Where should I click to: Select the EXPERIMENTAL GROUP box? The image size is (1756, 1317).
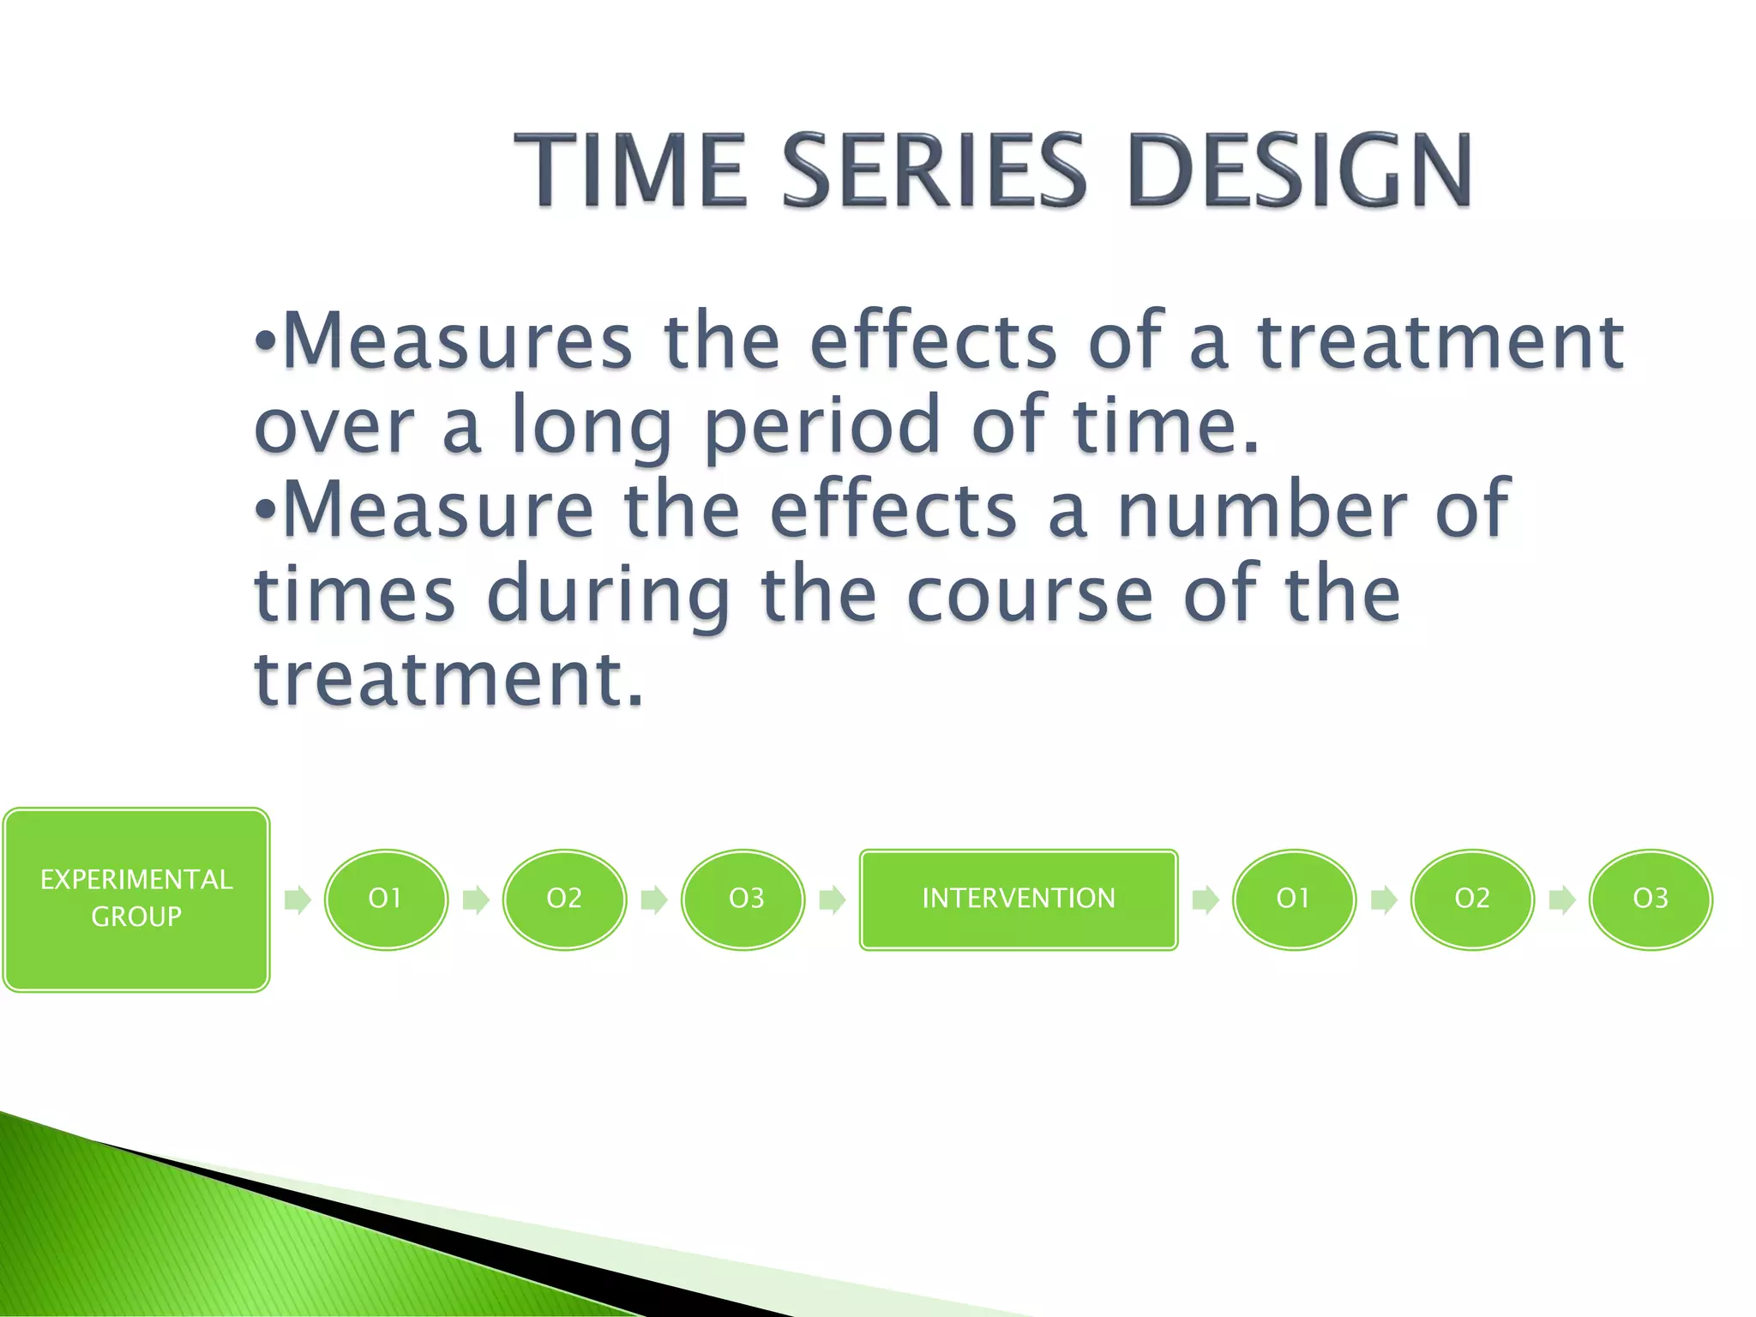pos(136,899)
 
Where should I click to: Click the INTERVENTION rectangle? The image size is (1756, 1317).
pos(1019,899)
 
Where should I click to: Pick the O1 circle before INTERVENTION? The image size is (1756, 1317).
pos(386,899)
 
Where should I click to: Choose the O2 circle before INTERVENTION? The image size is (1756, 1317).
pos(564,899)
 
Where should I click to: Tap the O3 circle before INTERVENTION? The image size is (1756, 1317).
pos(743,899)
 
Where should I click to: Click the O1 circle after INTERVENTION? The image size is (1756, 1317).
pos(1294,899)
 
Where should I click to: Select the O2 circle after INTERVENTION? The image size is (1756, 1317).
pos(1472,899)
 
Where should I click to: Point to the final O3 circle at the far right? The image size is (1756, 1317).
pos(1651,899)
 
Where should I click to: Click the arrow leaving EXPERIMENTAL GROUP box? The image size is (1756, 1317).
pos(298,899)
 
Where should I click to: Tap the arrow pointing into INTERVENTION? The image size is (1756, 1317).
pos(833,899)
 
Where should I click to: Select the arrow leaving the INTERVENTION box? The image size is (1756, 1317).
pos(1206,899)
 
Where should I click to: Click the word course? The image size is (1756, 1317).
pos(1030,595)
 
